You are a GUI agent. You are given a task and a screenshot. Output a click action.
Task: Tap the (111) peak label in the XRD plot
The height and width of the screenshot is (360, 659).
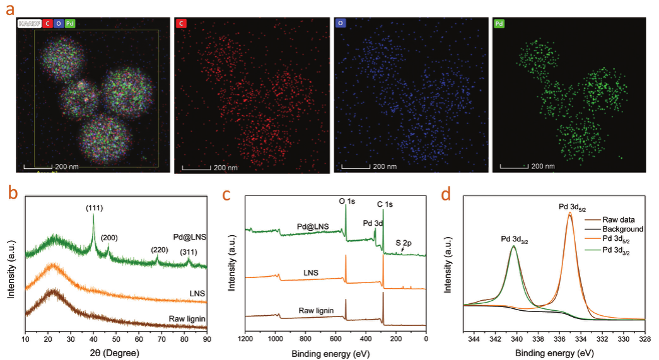94,207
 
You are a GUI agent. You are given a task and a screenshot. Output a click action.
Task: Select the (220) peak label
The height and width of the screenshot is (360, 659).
159,250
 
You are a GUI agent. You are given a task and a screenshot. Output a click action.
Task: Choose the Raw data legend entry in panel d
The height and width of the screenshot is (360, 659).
619,220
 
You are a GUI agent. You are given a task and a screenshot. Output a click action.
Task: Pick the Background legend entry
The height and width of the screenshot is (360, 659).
621,229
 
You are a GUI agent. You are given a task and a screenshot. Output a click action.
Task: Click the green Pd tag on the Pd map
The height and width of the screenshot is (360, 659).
500,23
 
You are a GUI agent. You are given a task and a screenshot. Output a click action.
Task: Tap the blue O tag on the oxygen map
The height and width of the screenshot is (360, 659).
341,23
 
